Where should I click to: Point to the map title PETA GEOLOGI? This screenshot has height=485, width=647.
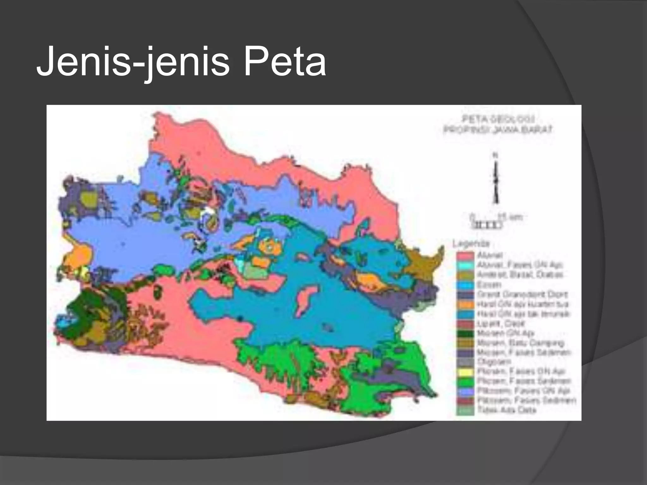[499, 119]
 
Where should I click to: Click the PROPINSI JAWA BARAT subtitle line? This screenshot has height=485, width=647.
[498, 129]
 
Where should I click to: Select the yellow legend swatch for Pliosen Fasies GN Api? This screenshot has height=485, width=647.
[465, 372]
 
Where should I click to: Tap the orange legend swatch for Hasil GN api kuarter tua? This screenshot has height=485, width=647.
[465, 304]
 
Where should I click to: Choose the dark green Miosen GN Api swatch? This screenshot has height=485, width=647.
[465, 333]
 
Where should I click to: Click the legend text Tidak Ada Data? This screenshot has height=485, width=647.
[507, 410]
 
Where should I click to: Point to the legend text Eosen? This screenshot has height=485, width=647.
[489, 285]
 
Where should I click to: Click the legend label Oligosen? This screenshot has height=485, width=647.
[494, 362]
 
